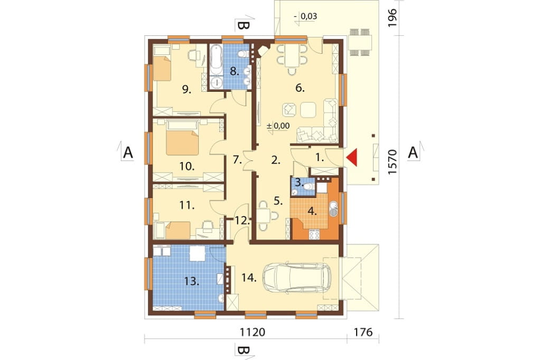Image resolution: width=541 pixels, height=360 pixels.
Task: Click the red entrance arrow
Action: click(x=352, y=158)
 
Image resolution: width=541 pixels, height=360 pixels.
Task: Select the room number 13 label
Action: click(x=191, y=281)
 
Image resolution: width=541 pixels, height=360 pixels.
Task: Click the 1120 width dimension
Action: click(x=253, y=332)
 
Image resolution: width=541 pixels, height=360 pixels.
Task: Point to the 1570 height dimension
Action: click(x=393, y=162)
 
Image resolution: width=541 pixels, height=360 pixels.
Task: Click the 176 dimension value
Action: click(x=363, y=332)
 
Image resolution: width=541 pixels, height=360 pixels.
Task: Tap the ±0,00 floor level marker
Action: click(x=278, y=126)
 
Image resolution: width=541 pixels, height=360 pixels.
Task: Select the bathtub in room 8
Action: click(x=216, y=60)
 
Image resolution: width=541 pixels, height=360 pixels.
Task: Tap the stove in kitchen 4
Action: click(x=314, y=234)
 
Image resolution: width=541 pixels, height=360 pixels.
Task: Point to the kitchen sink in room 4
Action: click(x=333, y=208)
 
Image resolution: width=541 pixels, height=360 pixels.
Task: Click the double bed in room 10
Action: click(x=182, y=138)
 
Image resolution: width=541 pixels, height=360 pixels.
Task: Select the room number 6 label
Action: click(x=300, y=88)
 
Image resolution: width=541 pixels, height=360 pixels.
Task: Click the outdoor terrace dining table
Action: click(x=360, y=42)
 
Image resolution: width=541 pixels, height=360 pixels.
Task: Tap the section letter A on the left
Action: click(x=128, y=152)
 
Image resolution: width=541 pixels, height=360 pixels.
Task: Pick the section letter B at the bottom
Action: click(x=243, y=350)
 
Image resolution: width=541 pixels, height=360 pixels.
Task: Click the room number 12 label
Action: click(x=242, y=220)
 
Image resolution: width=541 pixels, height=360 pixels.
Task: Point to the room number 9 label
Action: click(x=186, y=90)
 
